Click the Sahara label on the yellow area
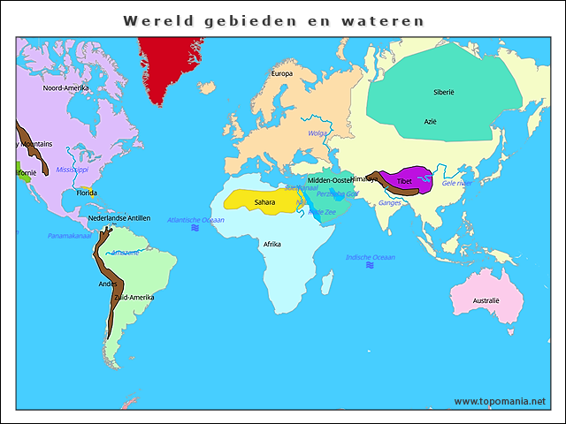point(264,202)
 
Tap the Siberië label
point(444,92)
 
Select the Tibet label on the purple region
point(404,181)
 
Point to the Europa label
point(282,73)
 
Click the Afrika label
point(273,245)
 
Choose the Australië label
point(486,300)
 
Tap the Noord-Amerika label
point(65,87)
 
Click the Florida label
point(86,192)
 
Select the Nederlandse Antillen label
point(119,218)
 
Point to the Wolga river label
point(317,133)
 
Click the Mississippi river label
point(73,169)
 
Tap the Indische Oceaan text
point(371,257)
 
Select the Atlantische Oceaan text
point(196,219)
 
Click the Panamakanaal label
point(70,236)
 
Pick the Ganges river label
point(389,203)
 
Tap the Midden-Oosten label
point(330,180)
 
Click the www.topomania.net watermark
point(500,401)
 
